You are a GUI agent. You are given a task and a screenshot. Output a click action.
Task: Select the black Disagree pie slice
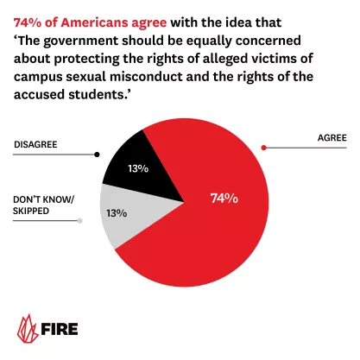tap(129, 173)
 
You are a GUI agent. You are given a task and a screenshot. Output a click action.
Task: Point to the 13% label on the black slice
tap(137, 169)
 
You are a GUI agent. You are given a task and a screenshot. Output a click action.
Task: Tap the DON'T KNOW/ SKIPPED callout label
tap(45, 206)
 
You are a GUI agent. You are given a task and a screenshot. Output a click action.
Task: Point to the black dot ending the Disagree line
tap(97, 155)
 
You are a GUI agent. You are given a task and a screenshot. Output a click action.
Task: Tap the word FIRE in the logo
tap(65, 329)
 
